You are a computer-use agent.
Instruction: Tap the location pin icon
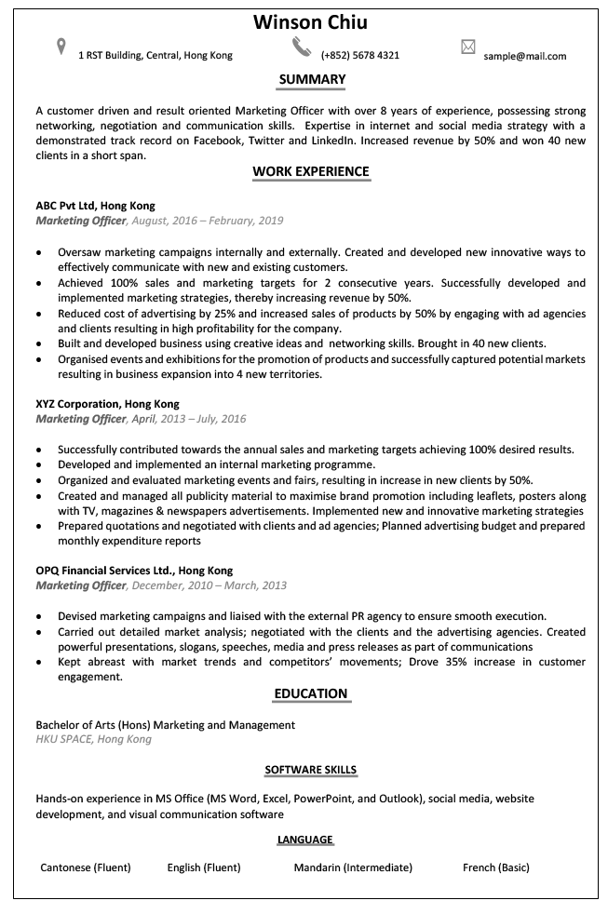point(61,47)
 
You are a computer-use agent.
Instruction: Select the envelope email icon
point(468,47)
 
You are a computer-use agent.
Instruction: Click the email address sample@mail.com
point(524,56)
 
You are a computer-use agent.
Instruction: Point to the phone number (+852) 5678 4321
point(359,56)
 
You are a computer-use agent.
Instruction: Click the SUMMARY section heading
point(312,80)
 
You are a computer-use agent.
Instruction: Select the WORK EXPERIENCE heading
point(311,171)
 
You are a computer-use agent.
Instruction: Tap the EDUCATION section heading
point(311,693)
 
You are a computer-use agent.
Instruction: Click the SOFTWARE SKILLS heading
point(310,770)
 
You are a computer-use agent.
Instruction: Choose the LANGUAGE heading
point(304,840)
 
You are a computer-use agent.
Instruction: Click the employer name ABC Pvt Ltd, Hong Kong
point(95,205)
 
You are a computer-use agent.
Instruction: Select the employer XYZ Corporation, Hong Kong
point(107,404)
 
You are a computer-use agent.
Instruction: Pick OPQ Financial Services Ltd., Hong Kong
point(134,570)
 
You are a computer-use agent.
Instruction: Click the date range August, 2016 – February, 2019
point(208,222)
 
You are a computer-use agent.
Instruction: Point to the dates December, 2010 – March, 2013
point(209,586)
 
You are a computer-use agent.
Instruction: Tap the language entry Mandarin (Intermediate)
point(352,867)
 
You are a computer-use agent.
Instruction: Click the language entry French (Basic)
point(495,867)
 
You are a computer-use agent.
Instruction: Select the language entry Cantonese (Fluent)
point(86,867)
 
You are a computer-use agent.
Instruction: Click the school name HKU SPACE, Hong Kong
point(93,740)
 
